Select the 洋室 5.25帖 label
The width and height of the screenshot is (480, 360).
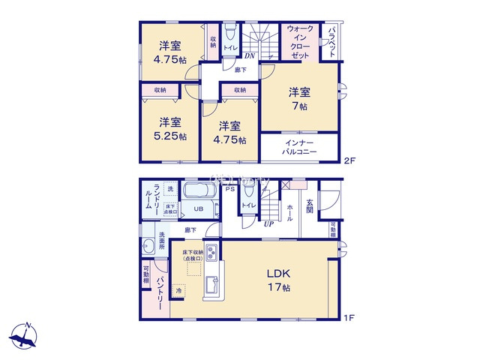[x=168, y=129]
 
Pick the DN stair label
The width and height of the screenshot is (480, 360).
[x=250, y=55]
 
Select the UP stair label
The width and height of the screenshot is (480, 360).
[x=268, y=222]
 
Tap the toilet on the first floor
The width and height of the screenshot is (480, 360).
[x=248, y=192]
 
